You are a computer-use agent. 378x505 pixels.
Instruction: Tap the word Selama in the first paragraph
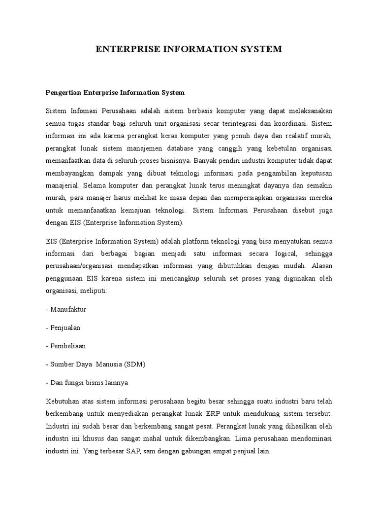tap(95, 186)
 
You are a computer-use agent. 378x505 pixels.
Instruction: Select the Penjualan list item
tap(65, 327)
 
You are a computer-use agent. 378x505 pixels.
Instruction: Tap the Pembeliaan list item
tap(67, 346)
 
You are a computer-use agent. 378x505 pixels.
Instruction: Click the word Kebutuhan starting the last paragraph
tap(62, 400)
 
